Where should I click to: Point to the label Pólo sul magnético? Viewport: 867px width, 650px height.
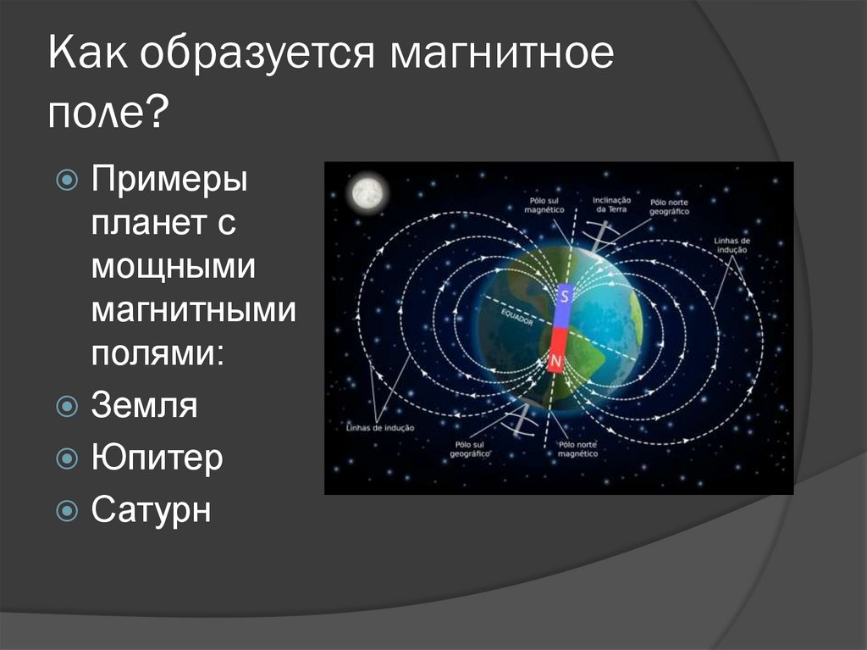click(539, 203)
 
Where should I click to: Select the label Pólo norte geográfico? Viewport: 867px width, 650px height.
click(669, 207)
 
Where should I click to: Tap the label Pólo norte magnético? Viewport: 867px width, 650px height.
click(577, 448)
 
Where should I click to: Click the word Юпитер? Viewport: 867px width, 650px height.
click(157, 458)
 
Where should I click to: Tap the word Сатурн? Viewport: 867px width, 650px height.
click(151, 511)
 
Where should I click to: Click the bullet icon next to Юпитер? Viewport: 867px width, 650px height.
click(67, 459)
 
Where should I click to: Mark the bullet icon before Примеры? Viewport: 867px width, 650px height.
click(67, 180)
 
